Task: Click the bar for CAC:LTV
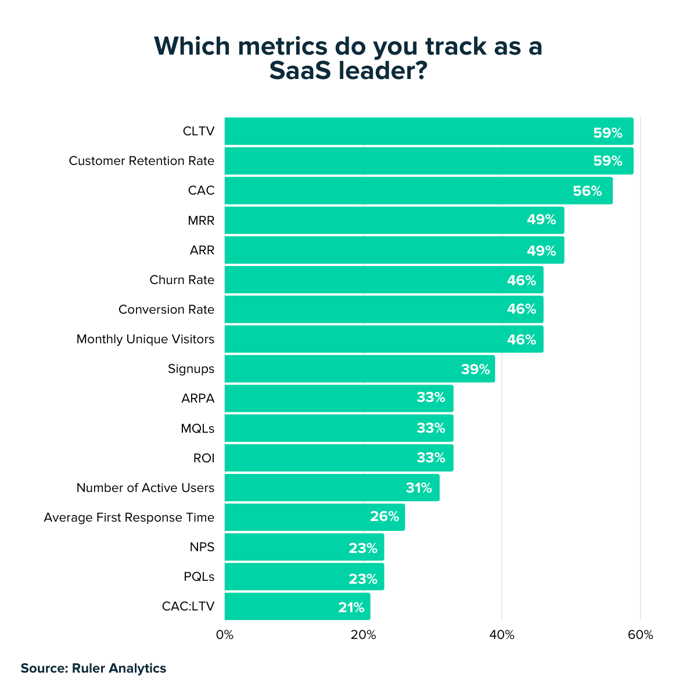point(297,606)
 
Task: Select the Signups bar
point(360,369)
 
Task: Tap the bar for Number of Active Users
point(332,488)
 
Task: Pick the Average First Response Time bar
point(314,518)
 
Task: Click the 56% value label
point(587,191)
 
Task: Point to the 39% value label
point(476,369)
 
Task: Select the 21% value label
point(351,608)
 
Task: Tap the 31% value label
point(419,488)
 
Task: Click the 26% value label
point(385,517)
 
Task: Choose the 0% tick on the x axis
point(225,635)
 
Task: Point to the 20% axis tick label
point(363,635)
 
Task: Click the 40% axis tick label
point(502,635)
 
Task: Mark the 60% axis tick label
point(641,635)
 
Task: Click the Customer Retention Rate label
point(142,161)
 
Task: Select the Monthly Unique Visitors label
point(145,339)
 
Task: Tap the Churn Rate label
point(182,280)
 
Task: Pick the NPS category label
point(202,547)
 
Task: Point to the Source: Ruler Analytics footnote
point(94,668)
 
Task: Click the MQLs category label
point(197,429)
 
